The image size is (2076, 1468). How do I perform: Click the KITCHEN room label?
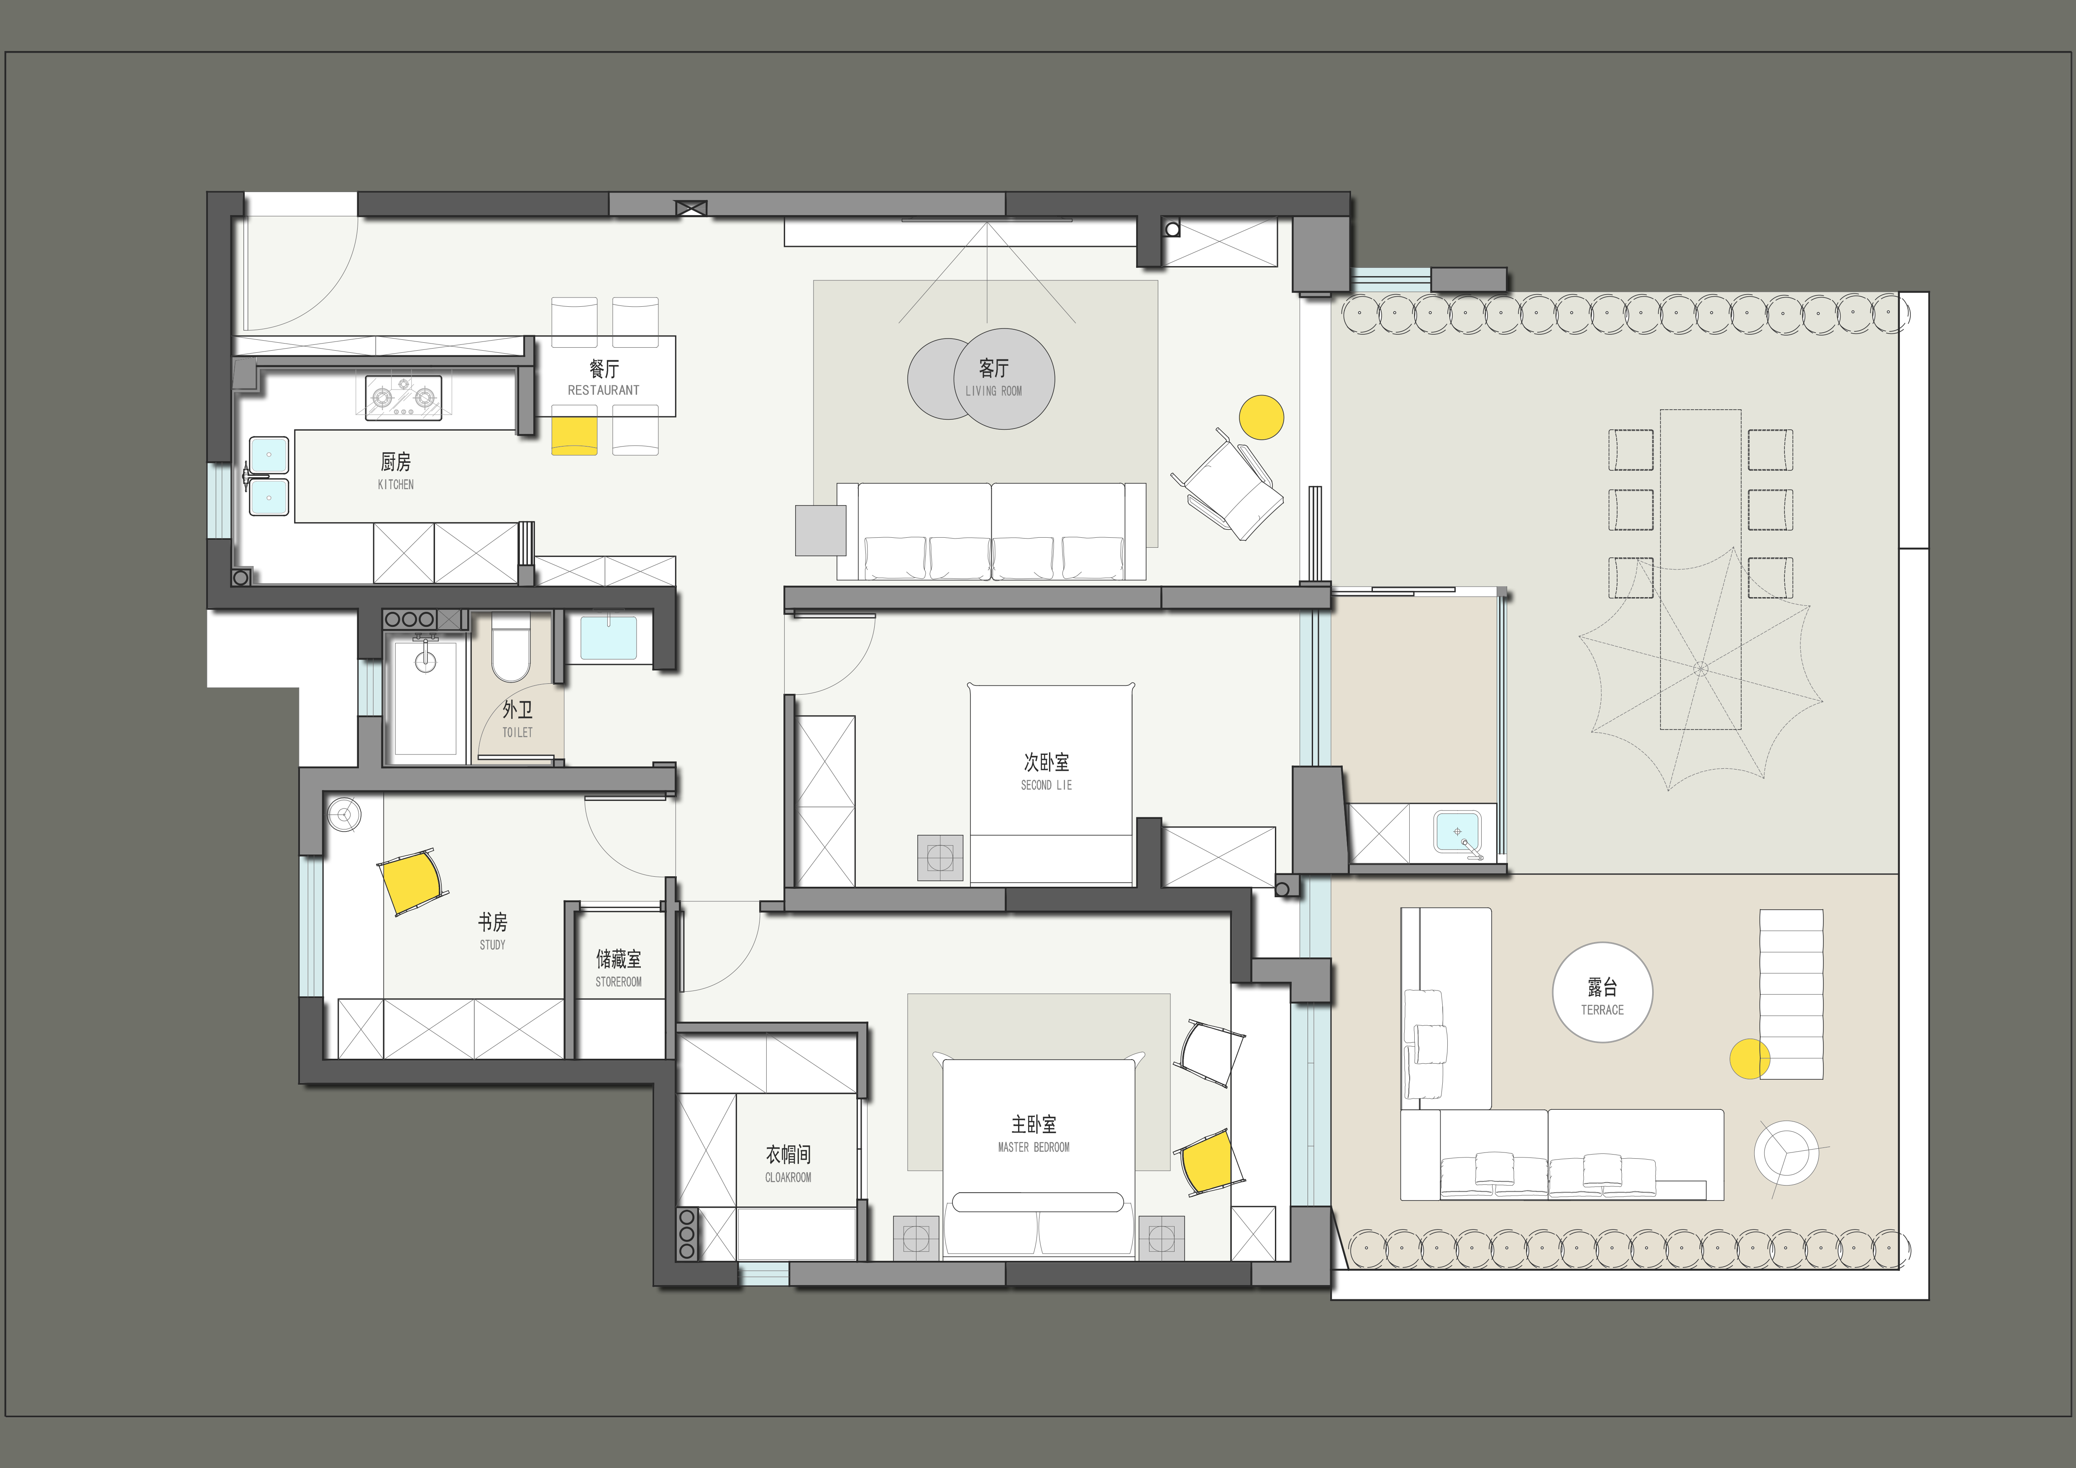(396, 485)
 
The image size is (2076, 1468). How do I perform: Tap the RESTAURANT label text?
(603, 391)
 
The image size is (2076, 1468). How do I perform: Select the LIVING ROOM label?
(994, 392)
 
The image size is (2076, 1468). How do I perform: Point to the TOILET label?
(517, 733)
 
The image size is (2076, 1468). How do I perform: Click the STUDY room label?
(493, 945)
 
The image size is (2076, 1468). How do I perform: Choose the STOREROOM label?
(619, 982)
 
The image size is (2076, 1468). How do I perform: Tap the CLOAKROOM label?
(788, 1178)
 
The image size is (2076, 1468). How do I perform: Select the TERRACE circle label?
(1602, 992)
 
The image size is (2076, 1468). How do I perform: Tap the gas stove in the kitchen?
(403, 398)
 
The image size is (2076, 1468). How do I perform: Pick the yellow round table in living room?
(1261, 418)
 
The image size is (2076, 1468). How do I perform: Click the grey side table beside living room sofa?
(821, 530)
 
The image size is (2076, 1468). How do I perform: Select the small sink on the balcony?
(1457, 831)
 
